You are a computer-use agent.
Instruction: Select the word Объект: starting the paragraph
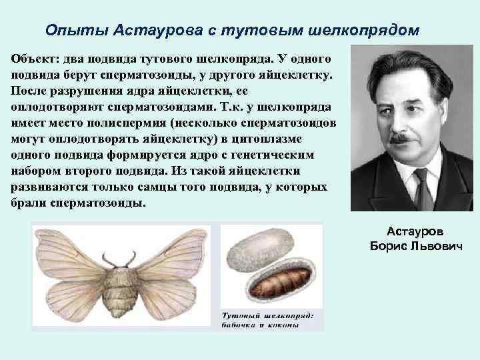(34, 58)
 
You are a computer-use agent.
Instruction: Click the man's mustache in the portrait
(404, 139)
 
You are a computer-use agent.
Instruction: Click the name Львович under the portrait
(437, 247)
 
